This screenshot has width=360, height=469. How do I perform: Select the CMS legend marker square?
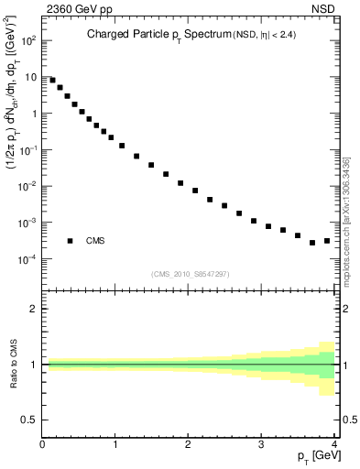(70, 241)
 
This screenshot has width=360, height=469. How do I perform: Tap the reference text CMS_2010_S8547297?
(190, 274)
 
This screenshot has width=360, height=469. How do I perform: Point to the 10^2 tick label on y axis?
(29, 41)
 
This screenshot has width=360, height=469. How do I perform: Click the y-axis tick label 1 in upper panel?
(34, 114)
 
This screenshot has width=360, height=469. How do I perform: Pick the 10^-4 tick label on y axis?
(28, 259)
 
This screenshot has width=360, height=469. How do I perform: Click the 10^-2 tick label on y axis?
(28, 187)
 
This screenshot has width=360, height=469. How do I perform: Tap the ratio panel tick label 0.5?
(29, 420)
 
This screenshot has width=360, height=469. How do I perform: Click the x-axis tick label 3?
(262, 445)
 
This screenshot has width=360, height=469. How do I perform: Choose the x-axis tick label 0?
(43, 445)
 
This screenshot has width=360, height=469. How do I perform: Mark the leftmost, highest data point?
(52, 80)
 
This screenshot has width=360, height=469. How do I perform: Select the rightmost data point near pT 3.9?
(327, 241)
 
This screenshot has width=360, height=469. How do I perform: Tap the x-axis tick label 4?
(334, 445)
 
